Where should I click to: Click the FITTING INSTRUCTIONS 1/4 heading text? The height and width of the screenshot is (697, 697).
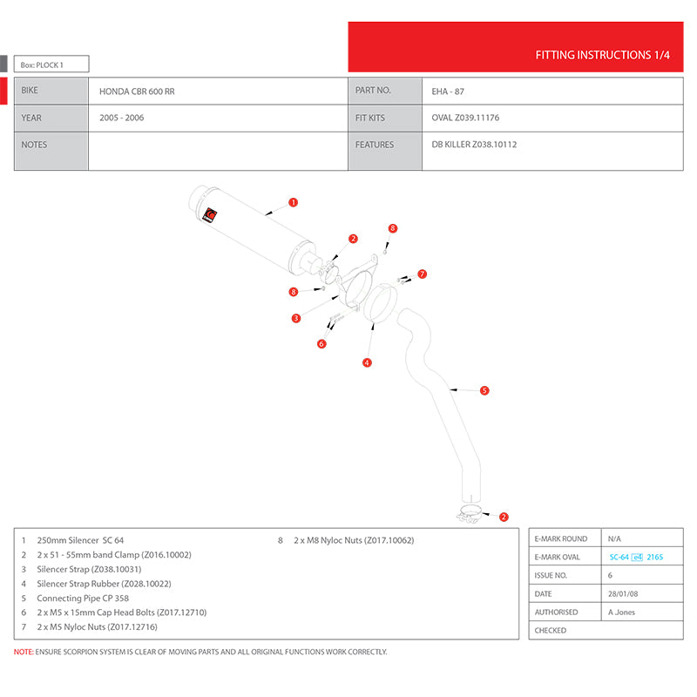(x=602, y=55)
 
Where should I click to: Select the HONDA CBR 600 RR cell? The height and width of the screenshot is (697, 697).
(x=137, y=91)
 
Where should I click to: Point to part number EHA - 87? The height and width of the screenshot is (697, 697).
(x=454, y=91)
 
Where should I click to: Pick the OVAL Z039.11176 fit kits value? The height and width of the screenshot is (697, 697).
(x=465, y=118)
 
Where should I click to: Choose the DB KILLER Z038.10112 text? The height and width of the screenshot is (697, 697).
(x=474, y=145)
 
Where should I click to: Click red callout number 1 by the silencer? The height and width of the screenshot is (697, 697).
(x=294, y=202)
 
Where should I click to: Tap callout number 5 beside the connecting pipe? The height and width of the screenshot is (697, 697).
(x=484, y=390)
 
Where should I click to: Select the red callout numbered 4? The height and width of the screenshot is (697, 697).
(x=368, y=362)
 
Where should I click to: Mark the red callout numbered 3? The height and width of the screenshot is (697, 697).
(x=296, y=318)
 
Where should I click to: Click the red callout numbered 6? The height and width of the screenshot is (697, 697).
(x=321, y=343)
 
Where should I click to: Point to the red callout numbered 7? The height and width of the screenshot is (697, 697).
(x=422, y=274)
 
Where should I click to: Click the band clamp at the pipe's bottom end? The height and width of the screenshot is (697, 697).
(x=472, y=514)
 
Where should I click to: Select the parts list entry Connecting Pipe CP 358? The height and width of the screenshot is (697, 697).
(x=84, y=599)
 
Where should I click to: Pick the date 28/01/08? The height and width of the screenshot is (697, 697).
(x=621, y=593)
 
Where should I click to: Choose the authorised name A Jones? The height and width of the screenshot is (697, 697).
(x=621, y=612)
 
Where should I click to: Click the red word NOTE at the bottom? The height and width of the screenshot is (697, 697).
(x=24, y=652)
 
